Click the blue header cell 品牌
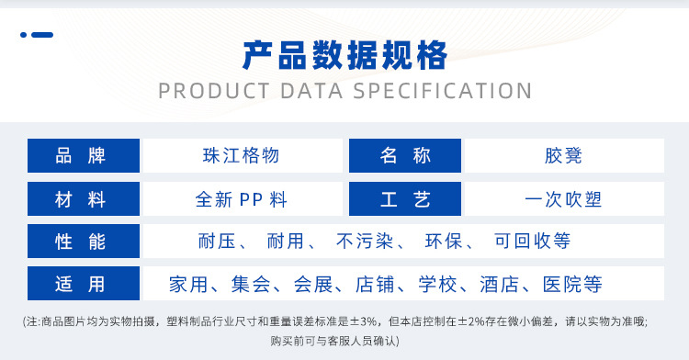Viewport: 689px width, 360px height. click(83, 156)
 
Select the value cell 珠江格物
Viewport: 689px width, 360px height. click(241, 156)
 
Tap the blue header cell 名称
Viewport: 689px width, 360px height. click(405, 156)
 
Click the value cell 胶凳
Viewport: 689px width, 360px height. click(563, 156)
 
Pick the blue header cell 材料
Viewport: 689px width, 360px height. click(83, 199)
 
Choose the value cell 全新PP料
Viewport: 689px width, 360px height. click(241, 199)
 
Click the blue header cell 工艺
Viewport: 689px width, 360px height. click(405, 199)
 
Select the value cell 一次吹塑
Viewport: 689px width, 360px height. click(563, 199)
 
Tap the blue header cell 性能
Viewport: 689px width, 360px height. click(83, 242)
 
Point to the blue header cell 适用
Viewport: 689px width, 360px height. click(83, 284)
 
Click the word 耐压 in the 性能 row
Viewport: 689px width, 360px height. click(218, 242)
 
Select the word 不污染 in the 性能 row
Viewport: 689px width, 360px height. click(365, 242)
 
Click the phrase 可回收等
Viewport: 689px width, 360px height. click(533, 242)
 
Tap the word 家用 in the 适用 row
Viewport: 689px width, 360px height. click(189, 284)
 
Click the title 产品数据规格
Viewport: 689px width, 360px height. click(344, 56)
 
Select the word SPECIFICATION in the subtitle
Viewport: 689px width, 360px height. click(444, 91)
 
